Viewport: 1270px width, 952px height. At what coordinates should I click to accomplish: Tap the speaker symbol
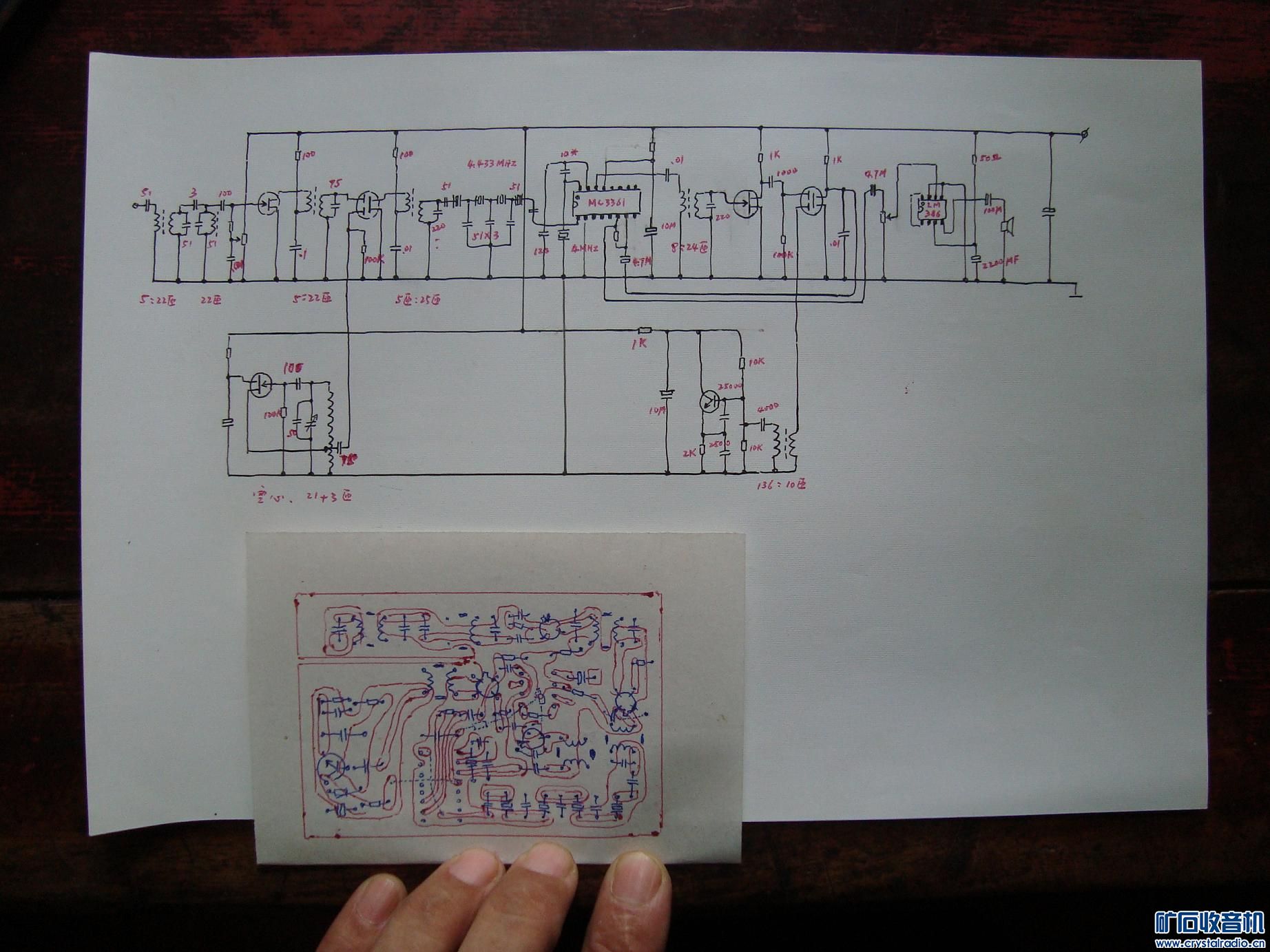point(1010,226)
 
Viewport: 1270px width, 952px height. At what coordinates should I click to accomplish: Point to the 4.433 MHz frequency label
point(491,163)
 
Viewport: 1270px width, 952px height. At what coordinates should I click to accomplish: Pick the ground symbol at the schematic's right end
point(1074,290)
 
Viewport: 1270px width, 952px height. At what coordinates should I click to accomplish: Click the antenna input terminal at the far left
point(135,204)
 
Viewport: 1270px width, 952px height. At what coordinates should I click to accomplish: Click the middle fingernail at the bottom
point(548,879)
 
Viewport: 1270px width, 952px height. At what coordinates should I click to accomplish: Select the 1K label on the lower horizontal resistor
point(638,343)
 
